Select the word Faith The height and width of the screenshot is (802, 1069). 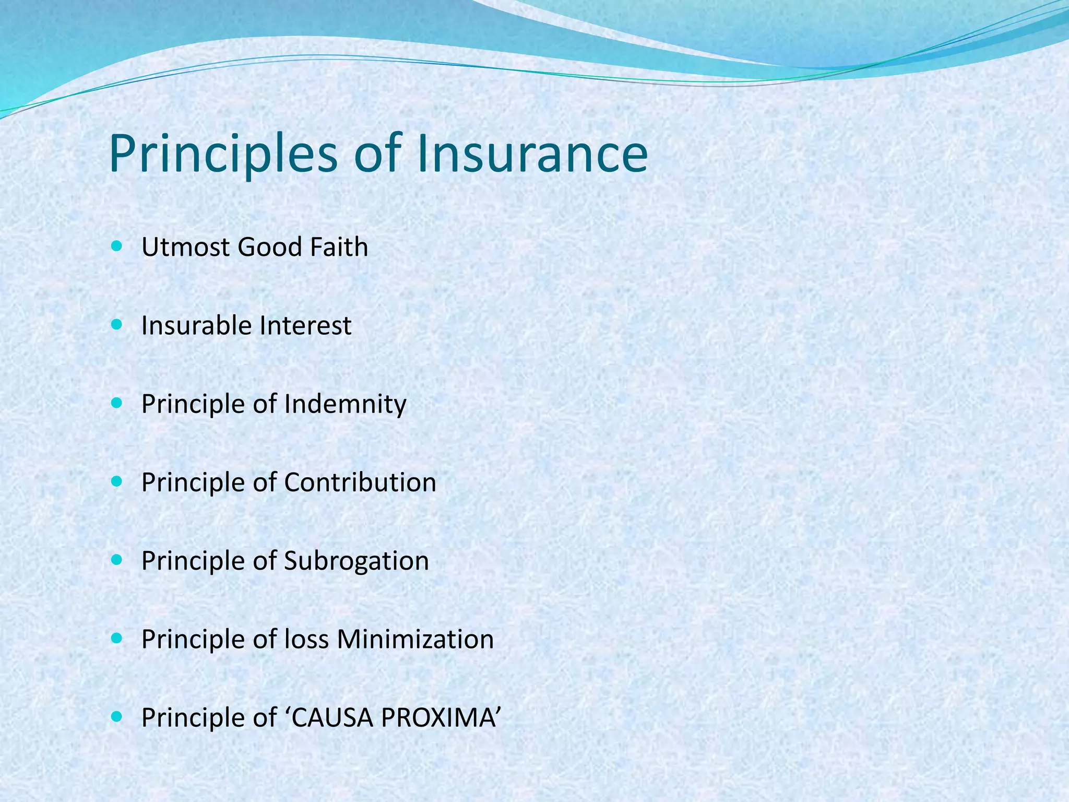tap(339, 247)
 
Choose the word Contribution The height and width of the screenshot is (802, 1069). tap(360, 482)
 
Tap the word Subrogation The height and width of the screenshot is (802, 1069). tap(357, 561)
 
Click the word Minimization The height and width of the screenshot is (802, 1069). tap(415, 639)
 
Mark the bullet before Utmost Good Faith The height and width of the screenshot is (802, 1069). tap(116, 246)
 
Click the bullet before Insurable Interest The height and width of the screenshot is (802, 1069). tap(116, 325)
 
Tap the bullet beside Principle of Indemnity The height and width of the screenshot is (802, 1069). tap(116, 403)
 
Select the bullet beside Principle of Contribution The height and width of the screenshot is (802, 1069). tap(116, 481)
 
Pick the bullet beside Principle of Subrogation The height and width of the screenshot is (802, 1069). tap(116, 560)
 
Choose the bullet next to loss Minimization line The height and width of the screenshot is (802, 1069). tap(116, 638)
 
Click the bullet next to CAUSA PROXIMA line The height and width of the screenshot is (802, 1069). tap(116, 717)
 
